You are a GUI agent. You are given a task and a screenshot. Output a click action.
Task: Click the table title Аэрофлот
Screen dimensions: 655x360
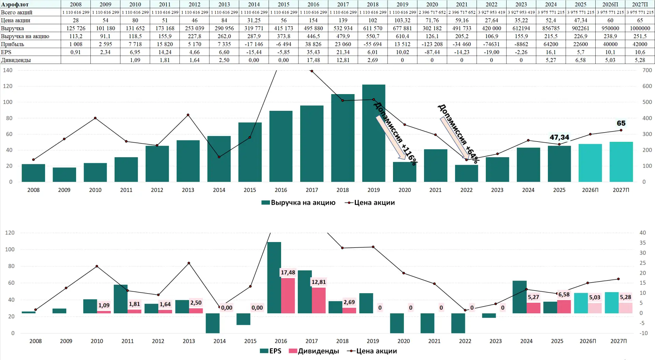[x=15, y=4]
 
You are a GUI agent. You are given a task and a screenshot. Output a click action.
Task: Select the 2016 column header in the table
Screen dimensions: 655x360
[x=313, y=4]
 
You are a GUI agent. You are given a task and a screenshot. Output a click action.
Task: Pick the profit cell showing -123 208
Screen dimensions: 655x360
[x=432, y=44]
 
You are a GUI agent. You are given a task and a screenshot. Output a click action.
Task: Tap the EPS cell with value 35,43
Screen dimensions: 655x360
[x=313, y=52]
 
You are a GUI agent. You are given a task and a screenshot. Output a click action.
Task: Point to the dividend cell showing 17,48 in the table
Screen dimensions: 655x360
[x=313, y=60]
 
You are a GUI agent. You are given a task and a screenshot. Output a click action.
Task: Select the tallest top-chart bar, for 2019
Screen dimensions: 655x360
[x=374, y=133]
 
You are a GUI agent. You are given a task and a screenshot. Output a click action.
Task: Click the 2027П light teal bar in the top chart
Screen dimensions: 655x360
[x=621, y=162]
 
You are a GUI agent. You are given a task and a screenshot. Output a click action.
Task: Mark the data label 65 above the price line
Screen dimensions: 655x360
[x=621, y=123]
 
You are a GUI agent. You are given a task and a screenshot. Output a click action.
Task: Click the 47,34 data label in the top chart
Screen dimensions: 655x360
[x=559, y=137]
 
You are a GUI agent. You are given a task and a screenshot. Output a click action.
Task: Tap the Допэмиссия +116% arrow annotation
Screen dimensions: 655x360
[x=391, y=138]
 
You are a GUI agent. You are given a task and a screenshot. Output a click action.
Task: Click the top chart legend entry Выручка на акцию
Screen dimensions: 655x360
[x=299, y=202]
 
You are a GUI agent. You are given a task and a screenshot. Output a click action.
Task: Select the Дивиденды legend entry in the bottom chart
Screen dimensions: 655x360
[x=314, y=351]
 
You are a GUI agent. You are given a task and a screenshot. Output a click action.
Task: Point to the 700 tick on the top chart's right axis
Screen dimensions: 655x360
[x=647, y=70]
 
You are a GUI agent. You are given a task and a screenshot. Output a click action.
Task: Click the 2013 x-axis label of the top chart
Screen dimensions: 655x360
[x=188, y=190]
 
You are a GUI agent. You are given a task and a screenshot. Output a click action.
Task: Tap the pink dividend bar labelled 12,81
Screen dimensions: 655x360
[x=319, y=300]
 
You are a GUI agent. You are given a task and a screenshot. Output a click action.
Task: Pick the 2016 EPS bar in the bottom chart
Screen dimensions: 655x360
[x=274, y=277]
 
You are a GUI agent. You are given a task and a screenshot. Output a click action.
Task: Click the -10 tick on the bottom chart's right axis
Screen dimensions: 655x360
[x=643, y=333]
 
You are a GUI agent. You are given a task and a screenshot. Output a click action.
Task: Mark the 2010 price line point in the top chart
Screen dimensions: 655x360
[x=95, y=118]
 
